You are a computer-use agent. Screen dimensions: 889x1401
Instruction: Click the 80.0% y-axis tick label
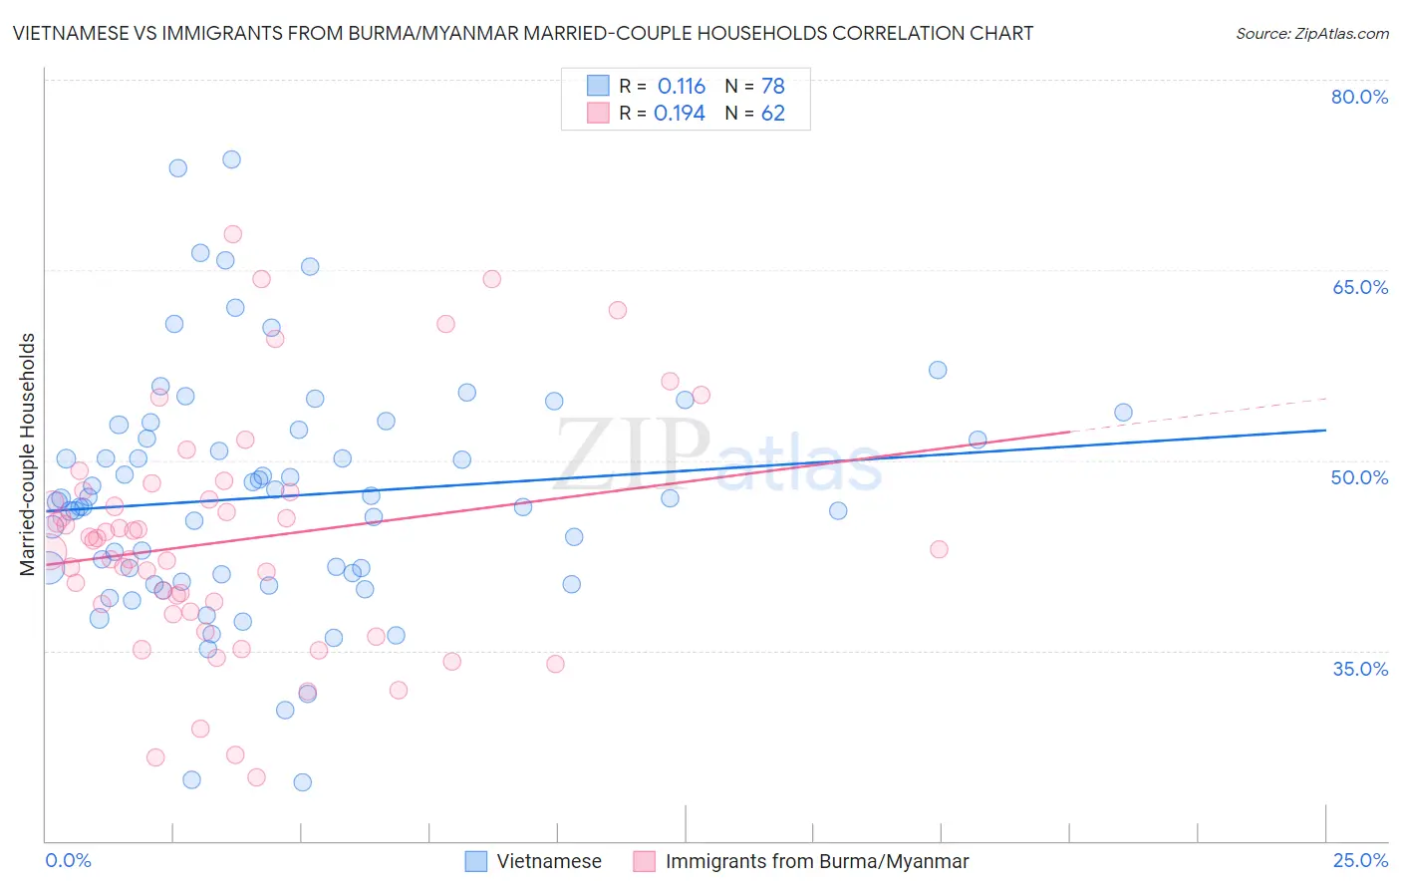click(1359, 97)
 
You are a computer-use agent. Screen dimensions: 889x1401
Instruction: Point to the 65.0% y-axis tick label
click(1359, 287)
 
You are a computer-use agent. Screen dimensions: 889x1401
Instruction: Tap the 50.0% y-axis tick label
click(1359, 477)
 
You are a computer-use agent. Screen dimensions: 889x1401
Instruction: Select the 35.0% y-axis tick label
click(1359, 669)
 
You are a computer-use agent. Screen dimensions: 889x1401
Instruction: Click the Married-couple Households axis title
click(28, 454)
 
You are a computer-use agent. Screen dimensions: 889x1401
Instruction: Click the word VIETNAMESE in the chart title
click(75, 33)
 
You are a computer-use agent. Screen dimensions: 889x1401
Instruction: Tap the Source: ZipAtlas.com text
click(1311, 33)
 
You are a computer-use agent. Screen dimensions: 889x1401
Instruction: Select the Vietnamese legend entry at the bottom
click(549, 862)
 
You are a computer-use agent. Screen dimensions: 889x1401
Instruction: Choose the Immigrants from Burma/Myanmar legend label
click(816, 862)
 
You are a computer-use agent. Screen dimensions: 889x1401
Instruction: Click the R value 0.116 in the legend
click(681, 87)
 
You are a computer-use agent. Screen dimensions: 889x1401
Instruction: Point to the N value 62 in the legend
click(773, 114)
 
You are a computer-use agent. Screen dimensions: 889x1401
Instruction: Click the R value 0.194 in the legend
click(680, 114)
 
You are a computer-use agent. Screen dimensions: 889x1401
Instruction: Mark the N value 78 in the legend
click(773, 87)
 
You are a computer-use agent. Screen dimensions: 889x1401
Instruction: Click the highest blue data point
click(231, 159)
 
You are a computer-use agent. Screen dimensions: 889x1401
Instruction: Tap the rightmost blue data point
click(1123, 413)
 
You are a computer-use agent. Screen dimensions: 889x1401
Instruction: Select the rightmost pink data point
click(939, 549)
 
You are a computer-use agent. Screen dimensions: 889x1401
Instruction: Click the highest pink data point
click(233, 234)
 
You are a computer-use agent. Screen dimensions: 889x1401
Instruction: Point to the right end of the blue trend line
click(1325, 430)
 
